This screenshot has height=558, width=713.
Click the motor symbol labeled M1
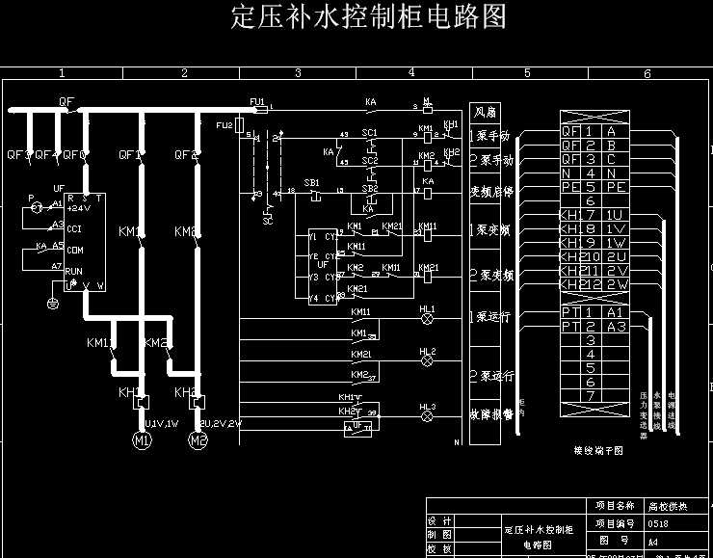pos(143,441)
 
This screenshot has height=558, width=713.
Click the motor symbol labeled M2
pos(198,441)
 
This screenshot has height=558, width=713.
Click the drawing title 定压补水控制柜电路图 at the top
pos(369,17)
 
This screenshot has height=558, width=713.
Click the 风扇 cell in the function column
pos(485,113)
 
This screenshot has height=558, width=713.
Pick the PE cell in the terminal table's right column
pos(617,187)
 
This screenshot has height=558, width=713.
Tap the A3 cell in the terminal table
pos(617,327)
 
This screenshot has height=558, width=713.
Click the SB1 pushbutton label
pos(311,182)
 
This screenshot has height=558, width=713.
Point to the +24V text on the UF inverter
pos(79,207)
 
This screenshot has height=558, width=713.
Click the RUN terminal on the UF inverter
pos(74,272)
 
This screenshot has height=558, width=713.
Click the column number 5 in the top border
pos(527,73)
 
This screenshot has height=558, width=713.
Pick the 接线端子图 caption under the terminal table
pos(598,449)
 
